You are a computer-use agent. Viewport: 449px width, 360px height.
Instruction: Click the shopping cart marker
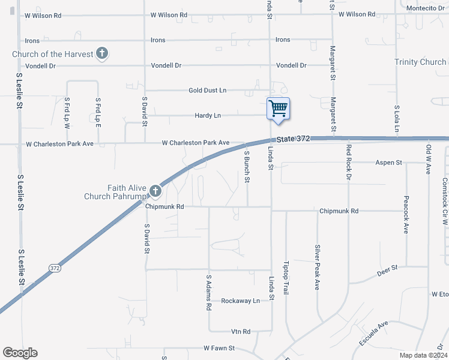pos(278,109)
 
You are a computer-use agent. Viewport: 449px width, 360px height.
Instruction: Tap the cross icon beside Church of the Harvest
pos(102,54)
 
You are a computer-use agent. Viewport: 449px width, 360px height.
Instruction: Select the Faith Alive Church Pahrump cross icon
pos(155,191)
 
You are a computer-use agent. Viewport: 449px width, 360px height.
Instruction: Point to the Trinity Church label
pos(420,62)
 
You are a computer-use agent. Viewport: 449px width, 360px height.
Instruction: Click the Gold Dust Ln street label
pos(208,90)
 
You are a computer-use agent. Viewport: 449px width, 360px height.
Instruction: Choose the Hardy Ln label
pos(208,115)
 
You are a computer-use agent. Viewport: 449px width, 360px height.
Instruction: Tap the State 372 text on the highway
pos(294,139)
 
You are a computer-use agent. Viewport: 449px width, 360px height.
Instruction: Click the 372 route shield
pos(55,268)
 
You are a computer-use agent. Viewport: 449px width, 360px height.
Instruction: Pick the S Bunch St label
pos(246,167)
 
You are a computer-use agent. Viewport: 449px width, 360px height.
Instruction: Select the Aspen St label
pos(388,163)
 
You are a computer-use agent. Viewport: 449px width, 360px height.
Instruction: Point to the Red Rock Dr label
pos(348,162)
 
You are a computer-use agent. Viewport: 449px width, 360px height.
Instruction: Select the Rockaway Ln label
pos(240,301)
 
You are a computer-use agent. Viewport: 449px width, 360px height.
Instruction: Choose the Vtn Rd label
pos(240,331)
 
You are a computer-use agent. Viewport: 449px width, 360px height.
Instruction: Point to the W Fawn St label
pos(218,347)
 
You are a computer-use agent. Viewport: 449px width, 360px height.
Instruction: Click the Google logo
pos(20,353)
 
